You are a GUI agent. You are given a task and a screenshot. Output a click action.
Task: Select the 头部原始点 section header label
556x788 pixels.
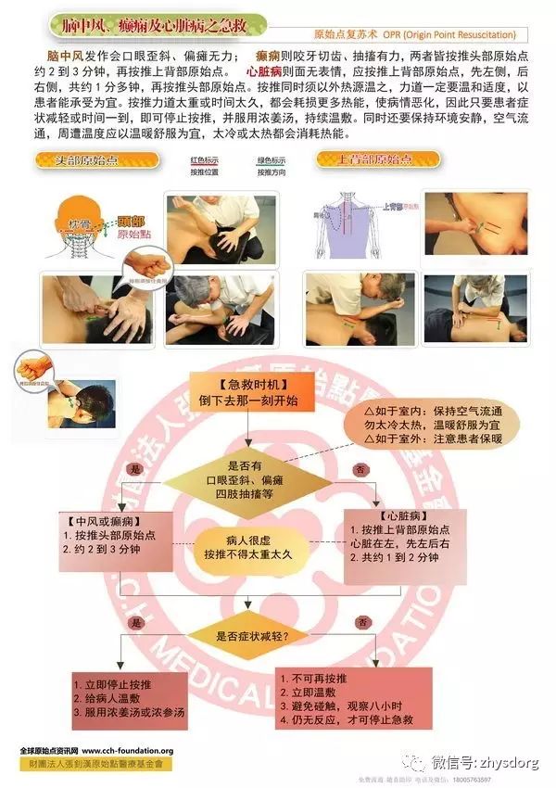point(88,159)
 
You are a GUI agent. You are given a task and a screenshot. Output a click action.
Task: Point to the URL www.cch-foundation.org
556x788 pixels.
point(128,751)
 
